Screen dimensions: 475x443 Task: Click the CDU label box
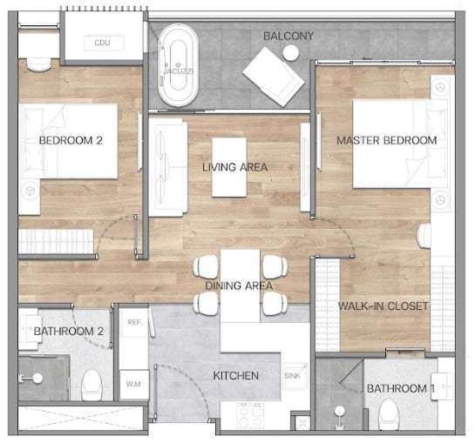click(104, 43)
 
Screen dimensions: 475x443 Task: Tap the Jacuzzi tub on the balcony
click(178, 65)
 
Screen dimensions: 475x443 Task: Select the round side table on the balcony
click(291, 53)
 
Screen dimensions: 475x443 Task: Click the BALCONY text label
click(288, 36)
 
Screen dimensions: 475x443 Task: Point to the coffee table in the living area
click(229, 167)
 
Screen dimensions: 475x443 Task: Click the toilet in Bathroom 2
click(92, 385)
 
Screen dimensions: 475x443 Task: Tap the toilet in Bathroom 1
click(389, 414)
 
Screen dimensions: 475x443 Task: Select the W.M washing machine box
click(133, 384)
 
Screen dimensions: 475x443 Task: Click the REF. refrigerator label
click(135, 322)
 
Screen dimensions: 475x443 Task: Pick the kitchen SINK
click(295, 375)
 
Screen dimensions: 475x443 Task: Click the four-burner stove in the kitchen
click(250, 415)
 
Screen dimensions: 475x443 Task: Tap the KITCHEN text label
click(236, 376)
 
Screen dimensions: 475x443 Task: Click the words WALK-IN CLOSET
click(383, 306)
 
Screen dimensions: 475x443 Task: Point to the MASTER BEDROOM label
click(387, 140)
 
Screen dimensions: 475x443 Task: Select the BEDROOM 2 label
click(71, 140)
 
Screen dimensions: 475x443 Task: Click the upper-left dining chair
click(206, 266)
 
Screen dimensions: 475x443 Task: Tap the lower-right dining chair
click(275, 304)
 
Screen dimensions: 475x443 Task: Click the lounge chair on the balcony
click(274, 77)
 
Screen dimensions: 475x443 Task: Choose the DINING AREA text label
click(239, 285)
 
